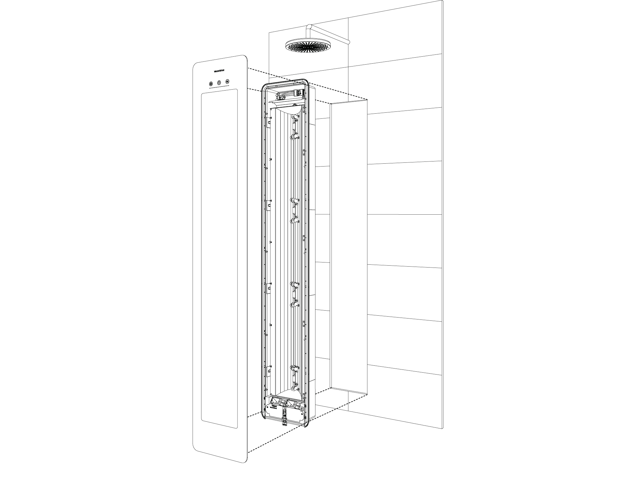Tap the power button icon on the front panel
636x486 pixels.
pos(219,83)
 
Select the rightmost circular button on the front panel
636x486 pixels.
pos(227,82)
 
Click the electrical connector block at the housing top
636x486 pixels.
pos(299,93)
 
